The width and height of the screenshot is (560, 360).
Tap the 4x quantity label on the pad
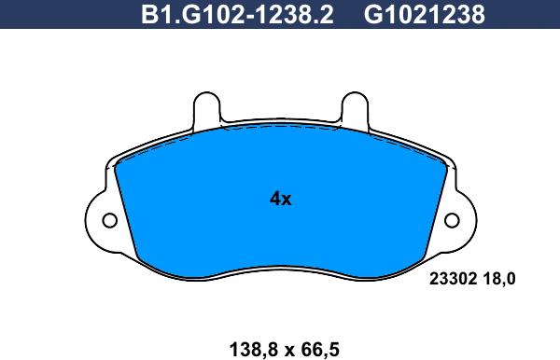coord(280,199)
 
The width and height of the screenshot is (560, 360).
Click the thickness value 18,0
coord(500,277)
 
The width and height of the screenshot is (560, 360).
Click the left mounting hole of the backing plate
coord(108,221)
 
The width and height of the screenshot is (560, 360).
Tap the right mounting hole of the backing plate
coord(453,221)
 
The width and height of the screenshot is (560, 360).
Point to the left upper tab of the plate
coord(206,106)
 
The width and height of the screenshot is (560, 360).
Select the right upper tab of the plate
coord(354,106)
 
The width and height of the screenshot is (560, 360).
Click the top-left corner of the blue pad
coord(119,160)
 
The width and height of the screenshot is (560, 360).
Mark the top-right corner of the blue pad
coord(442,160)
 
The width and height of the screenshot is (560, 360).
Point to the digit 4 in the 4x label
coord(274,199)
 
